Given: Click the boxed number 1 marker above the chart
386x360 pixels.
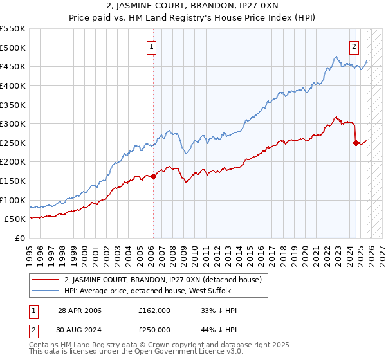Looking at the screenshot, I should [x=151, y=46].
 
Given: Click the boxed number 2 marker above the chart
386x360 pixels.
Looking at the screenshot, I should [x=354, y=46].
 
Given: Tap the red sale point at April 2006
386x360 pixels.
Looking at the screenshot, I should [x=153, y=176].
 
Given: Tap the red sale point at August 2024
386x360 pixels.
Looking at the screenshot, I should [x=356, y=143].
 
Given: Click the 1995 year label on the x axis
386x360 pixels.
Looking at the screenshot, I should [x=30, y=252].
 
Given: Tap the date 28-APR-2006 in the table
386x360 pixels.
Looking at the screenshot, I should [x=79, y=310].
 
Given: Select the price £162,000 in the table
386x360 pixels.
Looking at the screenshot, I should [x=154, y=310].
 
